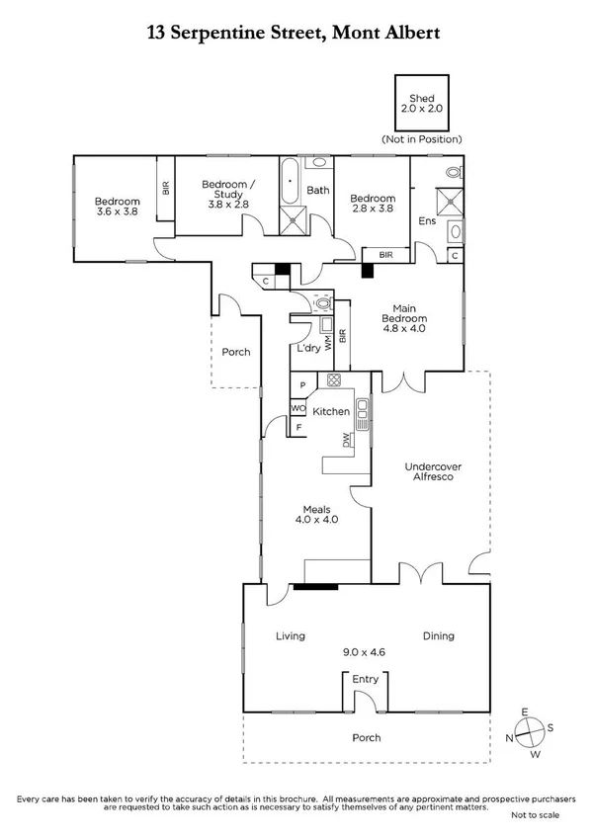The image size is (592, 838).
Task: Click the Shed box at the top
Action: (x=422, y=103)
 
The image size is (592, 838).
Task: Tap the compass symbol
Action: (x=532, y=731)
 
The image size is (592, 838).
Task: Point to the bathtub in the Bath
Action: (x=290, y=183)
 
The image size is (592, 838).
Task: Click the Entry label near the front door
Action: (x=365, y=679)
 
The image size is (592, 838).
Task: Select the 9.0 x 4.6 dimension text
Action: (x=365, y=652)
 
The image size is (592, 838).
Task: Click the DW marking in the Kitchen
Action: (x=346, y=441)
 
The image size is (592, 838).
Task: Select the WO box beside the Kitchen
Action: (x=298, y=407)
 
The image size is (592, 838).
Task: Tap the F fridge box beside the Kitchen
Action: (x=298, y=428)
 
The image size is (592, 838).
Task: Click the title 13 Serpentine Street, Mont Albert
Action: (x=294, y=33)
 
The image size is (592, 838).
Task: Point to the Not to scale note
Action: (x=535, y=815)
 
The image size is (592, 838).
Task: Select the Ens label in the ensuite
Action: (x=427, y=221)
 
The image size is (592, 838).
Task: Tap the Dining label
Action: (x=439, y=636)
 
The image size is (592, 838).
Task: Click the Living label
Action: (x=291, y=636)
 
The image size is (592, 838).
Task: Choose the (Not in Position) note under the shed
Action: (x=422, y=140)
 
